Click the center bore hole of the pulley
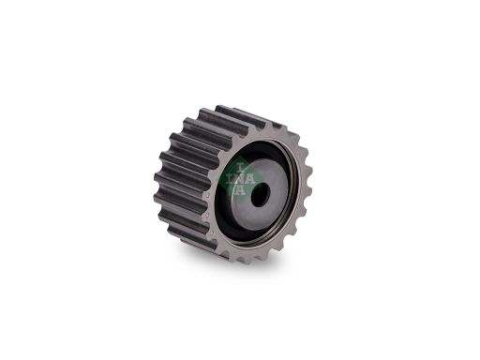pyautogui.click(x=260, y=194)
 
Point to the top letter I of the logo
pyautogui.click(x=240, y=168)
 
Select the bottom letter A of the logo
pyautogui.click(x=239, y=190)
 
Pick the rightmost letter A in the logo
pyautogui.click(x=249, y=179)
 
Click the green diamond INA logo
pyautogui.click(x=239, y=178)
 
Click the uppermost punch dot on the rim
pyautogui.click(x=208, y=196)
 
